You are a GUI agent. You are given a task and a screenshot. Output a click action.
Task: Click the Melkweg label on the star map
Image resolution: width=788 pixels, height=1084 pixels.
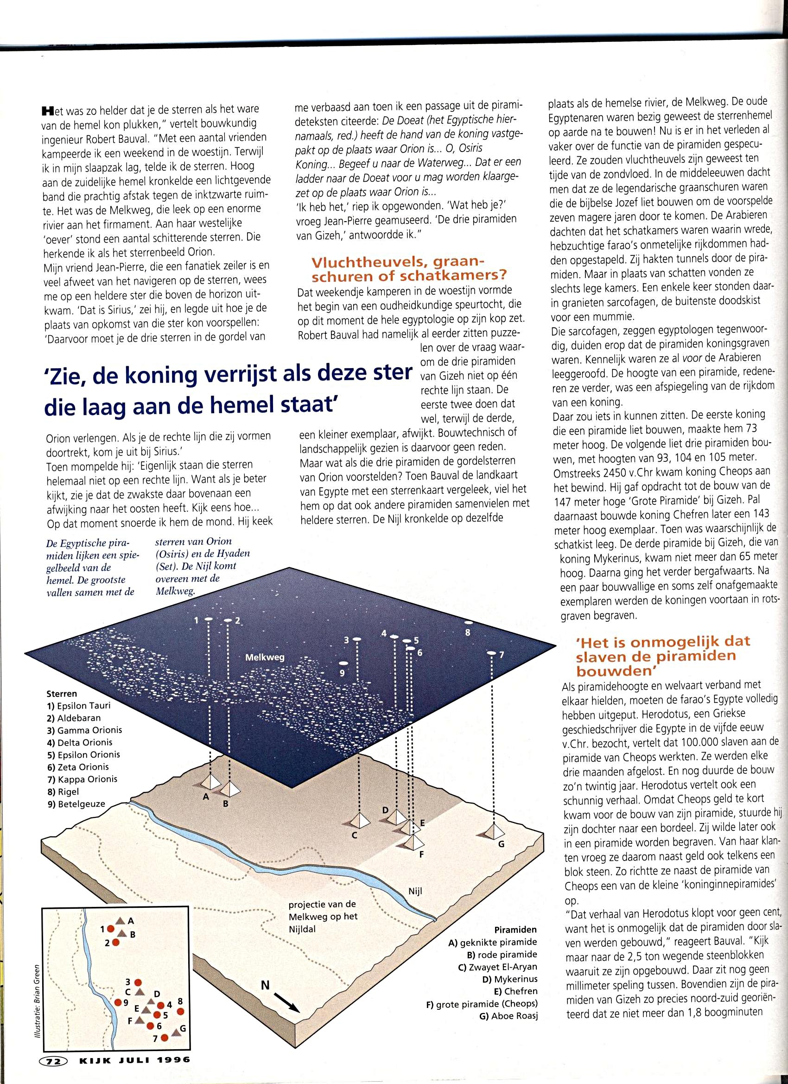click(x=264, y=657)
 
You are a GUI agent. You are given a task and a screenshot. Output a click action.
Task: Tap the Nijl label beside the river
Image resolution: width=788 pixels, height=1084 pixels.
click(x=415, y=891)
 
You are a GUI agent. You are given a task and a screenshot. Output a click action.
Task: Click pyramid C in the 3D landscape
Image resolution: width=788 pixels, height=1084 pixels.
click(x=359, y=820)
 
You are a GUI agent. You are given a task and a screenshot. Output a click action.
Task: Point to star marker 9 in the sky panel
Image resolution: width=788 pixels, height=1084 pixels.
click(x=343, y=664)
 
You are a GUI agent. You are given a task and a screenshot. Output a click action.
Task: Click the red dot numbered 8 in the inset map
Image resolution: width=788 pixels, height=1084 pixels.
click(x=180, y=1011)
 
